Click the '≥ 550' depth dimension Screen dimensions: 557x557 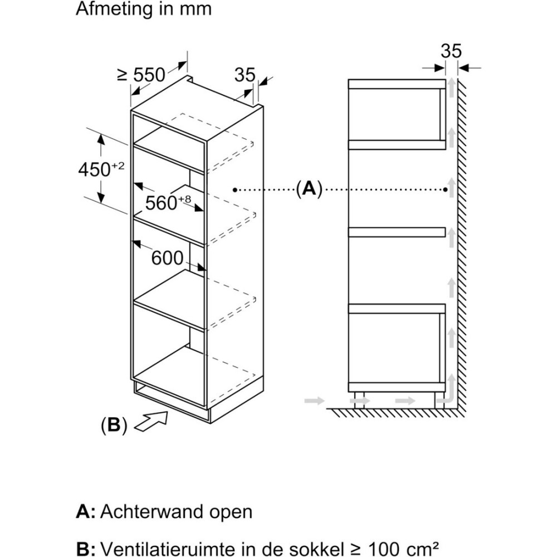coord(141,74)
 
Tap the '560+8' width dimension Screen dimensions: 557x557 coord(168,202)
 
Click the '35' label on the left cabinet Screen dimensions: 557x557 coord(245,74)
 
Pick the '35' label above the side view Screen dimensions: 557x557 coord(451,51)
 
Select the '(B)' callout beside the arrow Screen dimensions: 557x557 coord(114,426)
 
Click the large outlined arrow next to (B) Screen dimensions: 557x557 coord(152,420)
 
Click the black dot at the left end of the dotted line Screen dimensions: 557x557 coord(236,190)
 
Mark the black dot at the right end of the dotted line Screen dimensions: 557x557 coord(446,190)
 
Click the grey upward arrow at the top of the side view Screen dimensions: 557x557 coord(452,89)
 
